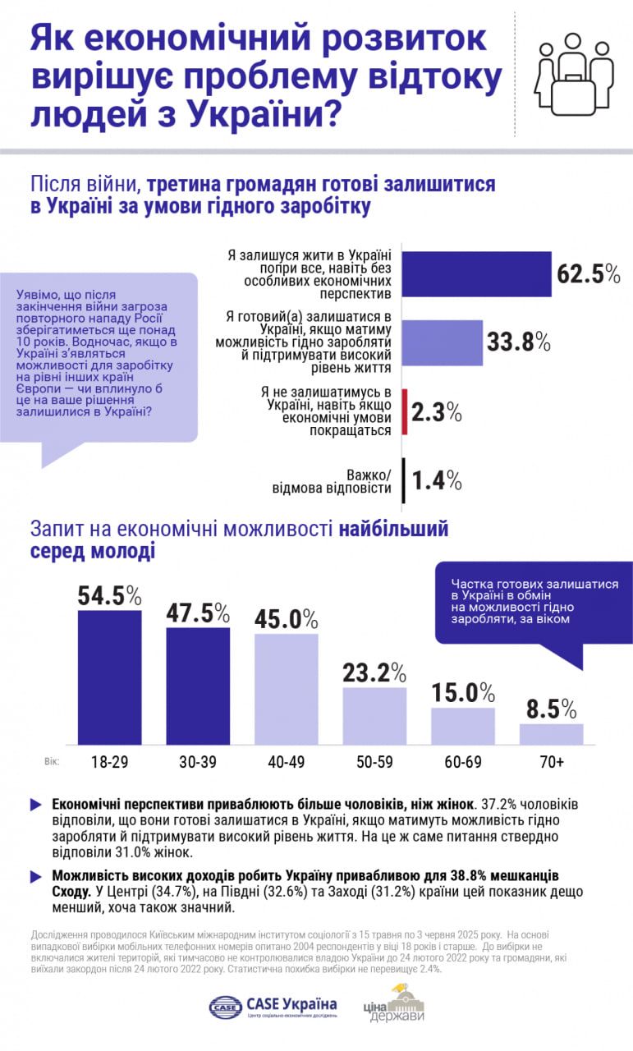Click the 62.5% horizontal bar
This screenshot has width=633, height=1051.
tap(476, 273)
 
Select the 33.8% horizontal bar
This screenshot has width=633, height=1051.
tap(443, 342)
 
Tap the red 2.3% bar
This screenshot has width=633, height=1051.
tap(405, 412)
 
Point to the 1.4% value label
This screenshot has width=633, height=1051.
tap(437, 480)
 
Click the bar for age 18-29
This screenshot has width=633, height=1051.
tap(109, 677)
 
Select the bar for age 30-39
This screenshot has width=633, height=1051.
tap(198, 686)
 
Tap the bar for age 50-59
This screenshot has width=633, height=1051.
tap(374, 716)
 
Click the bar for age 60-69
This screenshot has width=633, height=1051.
tap(463, 726)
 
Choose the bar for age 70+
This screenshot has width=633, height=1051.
tap(551, 734)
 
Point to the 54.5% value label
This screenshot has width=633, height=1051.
tap(110, 595)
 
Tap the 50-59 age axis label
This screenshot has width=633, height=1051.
tap(374, 763)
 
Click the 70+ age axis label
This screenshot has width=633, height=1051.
tap(551, 763)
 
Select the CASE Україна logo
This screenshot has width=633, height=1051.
tap(273, 1006)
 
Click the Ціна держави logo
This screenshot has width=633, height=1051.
tap(394, 1004)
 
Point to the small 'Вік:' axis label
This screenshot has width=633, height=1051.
tap(52, 762)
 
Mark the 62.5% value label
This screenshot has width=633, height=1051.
tap(588, 273)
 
